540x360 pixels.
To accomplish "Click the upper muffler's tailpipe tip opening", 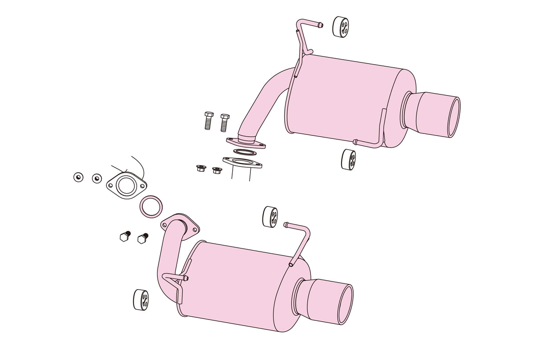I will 453,117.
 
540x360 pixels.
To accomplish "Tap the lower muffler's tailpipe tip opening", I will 345,305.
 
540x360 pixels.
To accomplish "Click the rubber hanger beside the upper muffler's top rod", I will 341,26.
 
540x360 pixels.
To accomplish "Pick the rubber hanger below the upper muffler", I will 348,159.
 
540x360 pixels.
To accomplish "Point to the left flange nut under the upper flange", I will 201,168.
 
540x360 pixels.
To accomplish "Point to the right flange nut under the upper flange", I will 217,170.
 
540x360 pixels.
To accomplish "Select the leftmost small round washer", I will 78,177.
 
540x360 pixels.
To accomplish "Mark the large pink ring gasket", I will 151,206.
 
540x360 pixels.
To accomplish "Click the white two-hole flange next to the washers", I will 126,186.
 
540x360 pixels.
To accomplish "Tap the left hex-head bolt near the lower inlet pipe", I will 125,236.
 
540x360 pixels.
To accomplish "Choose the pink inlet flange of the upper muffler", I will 246,143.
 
